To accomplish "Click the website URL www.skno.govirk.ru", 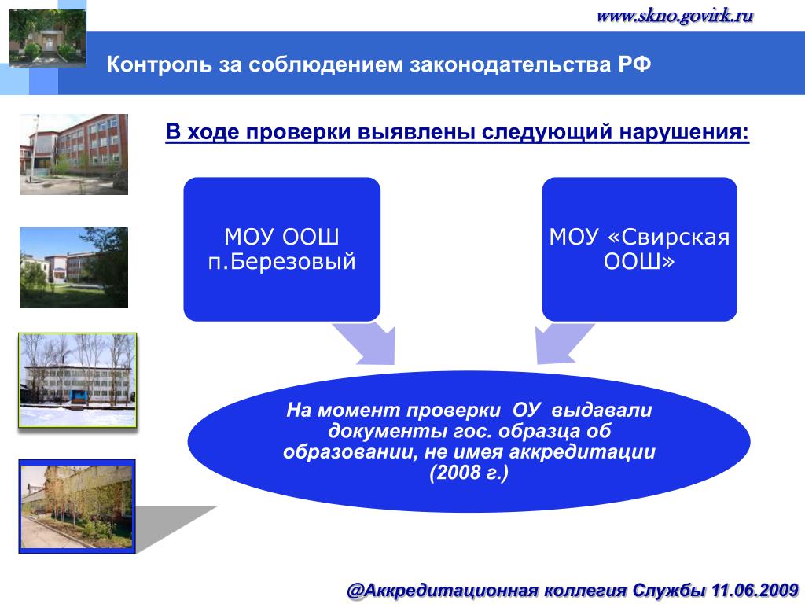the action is pyautogui.click(x=675, y=16).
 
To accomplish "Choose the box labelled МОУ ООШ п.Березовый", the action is pyautogui.click(x=282, y=249).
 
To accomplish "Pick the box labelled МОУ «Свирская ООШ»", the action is pyautogui.click(x=639, y=249).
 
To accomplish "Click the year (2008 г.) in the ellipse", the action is pyautogui.click(x=469, y=473).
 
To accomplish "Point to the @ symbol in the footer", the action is pyautogui.click(x=355, y=591).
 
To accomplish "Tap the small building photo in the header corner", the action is pyautogui.click(x=47, y=38).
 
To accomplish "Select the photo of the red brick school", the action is pyautogui.click(x=74, y=154).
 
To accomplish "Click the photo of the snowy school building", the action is pyautogui.click(x=78, y=380).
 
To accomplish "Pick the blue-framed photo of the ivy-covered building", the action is pyautogui.click(x=77, y=506).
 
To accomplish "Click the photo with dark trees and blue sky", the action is pyautogui.click(x=74, y=267).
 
